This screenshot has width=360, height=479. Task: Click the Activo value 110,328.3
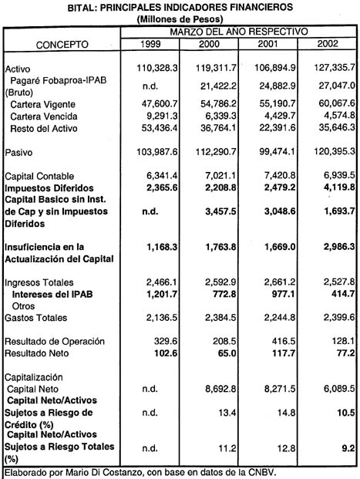tap(157, 68)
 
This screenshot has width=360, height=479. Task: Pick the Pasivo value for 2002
tap(329, 157)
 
